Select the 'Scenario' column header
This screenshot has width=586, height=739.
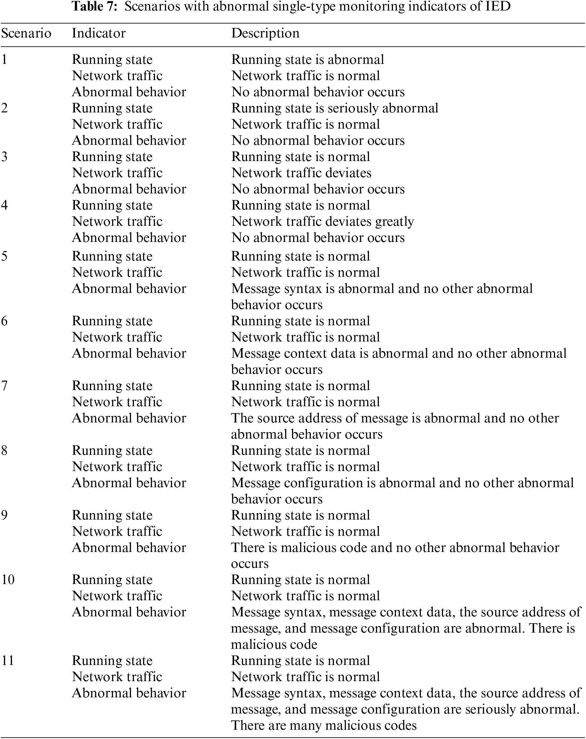pos(26,33)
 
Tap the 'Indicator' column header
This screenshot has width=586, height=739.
pos(99,33)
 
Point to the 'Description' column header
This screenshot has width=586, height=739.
pos(265,33)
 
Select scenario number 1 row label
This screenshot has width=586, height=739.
pos(4,60)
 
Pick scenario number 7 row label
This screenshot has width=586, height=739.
pos(4,386)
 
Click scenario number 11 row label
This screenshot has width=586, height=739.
pos(7,660)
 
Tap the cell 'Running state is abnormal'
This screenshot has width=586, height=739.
pos(308,60)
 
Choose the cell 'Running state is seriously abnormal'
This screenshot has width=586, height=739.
pos(335,108)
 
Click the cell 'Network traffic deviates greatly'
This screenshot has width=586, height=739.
pos(323,222)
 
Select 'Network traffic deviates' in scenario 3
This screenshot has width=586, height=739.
pos(301,173)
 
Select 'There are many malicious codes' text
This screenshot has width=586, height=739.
pos(324,725)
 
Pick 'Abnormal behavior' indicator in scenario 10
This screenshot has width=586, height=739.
pos(129,612)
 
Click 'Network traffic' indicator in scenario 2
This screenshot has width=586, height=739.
pos(117,124)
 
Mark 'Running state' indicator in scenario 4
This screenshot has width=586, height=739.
pos(112,205)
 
